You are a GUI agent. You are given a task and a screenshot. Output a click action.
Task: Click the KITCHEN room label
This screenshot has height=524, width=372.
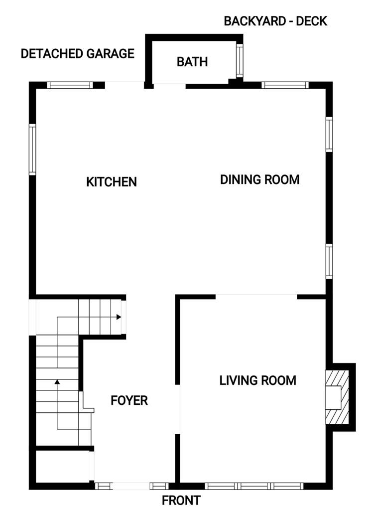[112, 181]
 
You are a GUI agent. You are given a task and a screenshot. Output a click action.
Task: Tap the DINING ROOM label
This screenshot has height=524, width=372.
[259, 179]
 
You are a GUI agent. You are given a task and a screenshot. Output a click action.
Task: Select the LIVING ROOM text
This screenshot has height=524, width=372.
[257, 380]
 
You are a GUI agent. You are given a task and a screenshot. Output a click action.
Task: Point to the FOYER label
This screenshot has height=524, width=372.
[129, 400]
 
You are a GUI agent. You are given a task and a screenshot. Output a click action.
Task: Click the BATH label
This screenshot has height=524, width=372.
[192, 62]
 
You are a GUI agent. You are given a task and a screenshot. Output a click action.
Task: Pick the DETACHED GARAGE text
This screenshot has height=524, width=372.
[78, 53]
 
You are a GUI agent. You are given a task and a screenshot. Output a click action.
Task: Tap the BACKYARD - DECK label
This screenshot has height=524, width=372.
[275, 21]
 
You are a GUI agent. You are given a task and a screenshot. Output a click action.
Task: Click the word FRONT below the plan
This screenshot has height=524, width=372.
[181, 501]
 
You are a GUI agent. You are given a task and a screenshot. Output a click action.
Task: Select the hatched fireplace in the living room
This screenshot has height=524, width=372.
[334, 397]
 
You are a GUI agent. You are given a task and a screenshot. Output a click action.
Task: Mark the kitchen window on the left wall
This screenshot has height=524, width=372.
[32, 150]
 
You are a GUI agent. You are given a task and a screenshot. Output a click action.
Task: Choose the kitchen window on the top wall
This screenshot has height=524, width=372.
[70, 85]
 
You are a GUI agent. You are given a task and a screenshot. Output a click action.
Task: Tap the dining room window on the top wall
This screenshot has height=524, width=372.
[285, 85]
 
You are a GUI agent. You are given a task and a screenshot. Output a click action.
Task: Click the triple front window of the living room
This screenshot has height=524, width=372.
[254, 486]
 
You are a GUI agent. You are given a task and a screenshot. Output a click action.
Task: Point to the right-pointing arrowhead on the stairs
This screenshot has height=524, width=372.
[119, 317]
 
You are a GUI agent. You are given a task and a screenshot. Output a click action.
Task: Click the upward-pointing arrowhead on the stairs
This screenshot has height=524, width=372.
[57, 382]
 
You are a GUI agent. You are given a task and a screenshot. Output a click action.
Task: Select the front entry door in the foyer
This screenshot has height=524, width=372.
[131, 486]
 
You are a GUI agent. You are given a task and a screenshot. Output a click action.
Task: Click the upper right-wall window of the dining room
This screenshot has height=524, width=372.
[329, 134]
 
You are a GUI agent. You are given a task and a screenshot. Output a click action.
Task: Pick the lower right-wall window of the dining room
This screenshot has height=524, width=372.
[329, 261]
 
